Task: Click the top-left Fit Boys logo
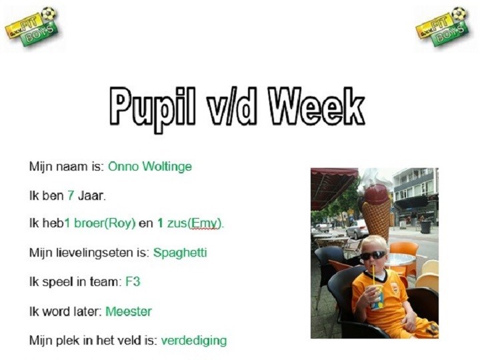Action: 31,27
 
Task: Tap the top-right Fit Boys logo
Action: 443,27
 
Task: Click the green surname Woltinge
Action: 167,167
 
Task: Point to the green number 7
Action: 71,195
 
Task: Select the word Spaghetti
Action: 180,253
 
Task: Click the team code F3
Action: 133,281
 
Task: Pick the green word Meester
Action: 129,311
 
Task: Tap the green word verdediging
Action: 194,341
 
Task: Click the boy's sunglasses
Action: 373,255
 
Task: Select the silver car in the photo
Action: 357,229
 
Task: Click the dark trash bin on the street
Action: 425,227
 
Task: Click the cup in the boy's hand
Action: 377,297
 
